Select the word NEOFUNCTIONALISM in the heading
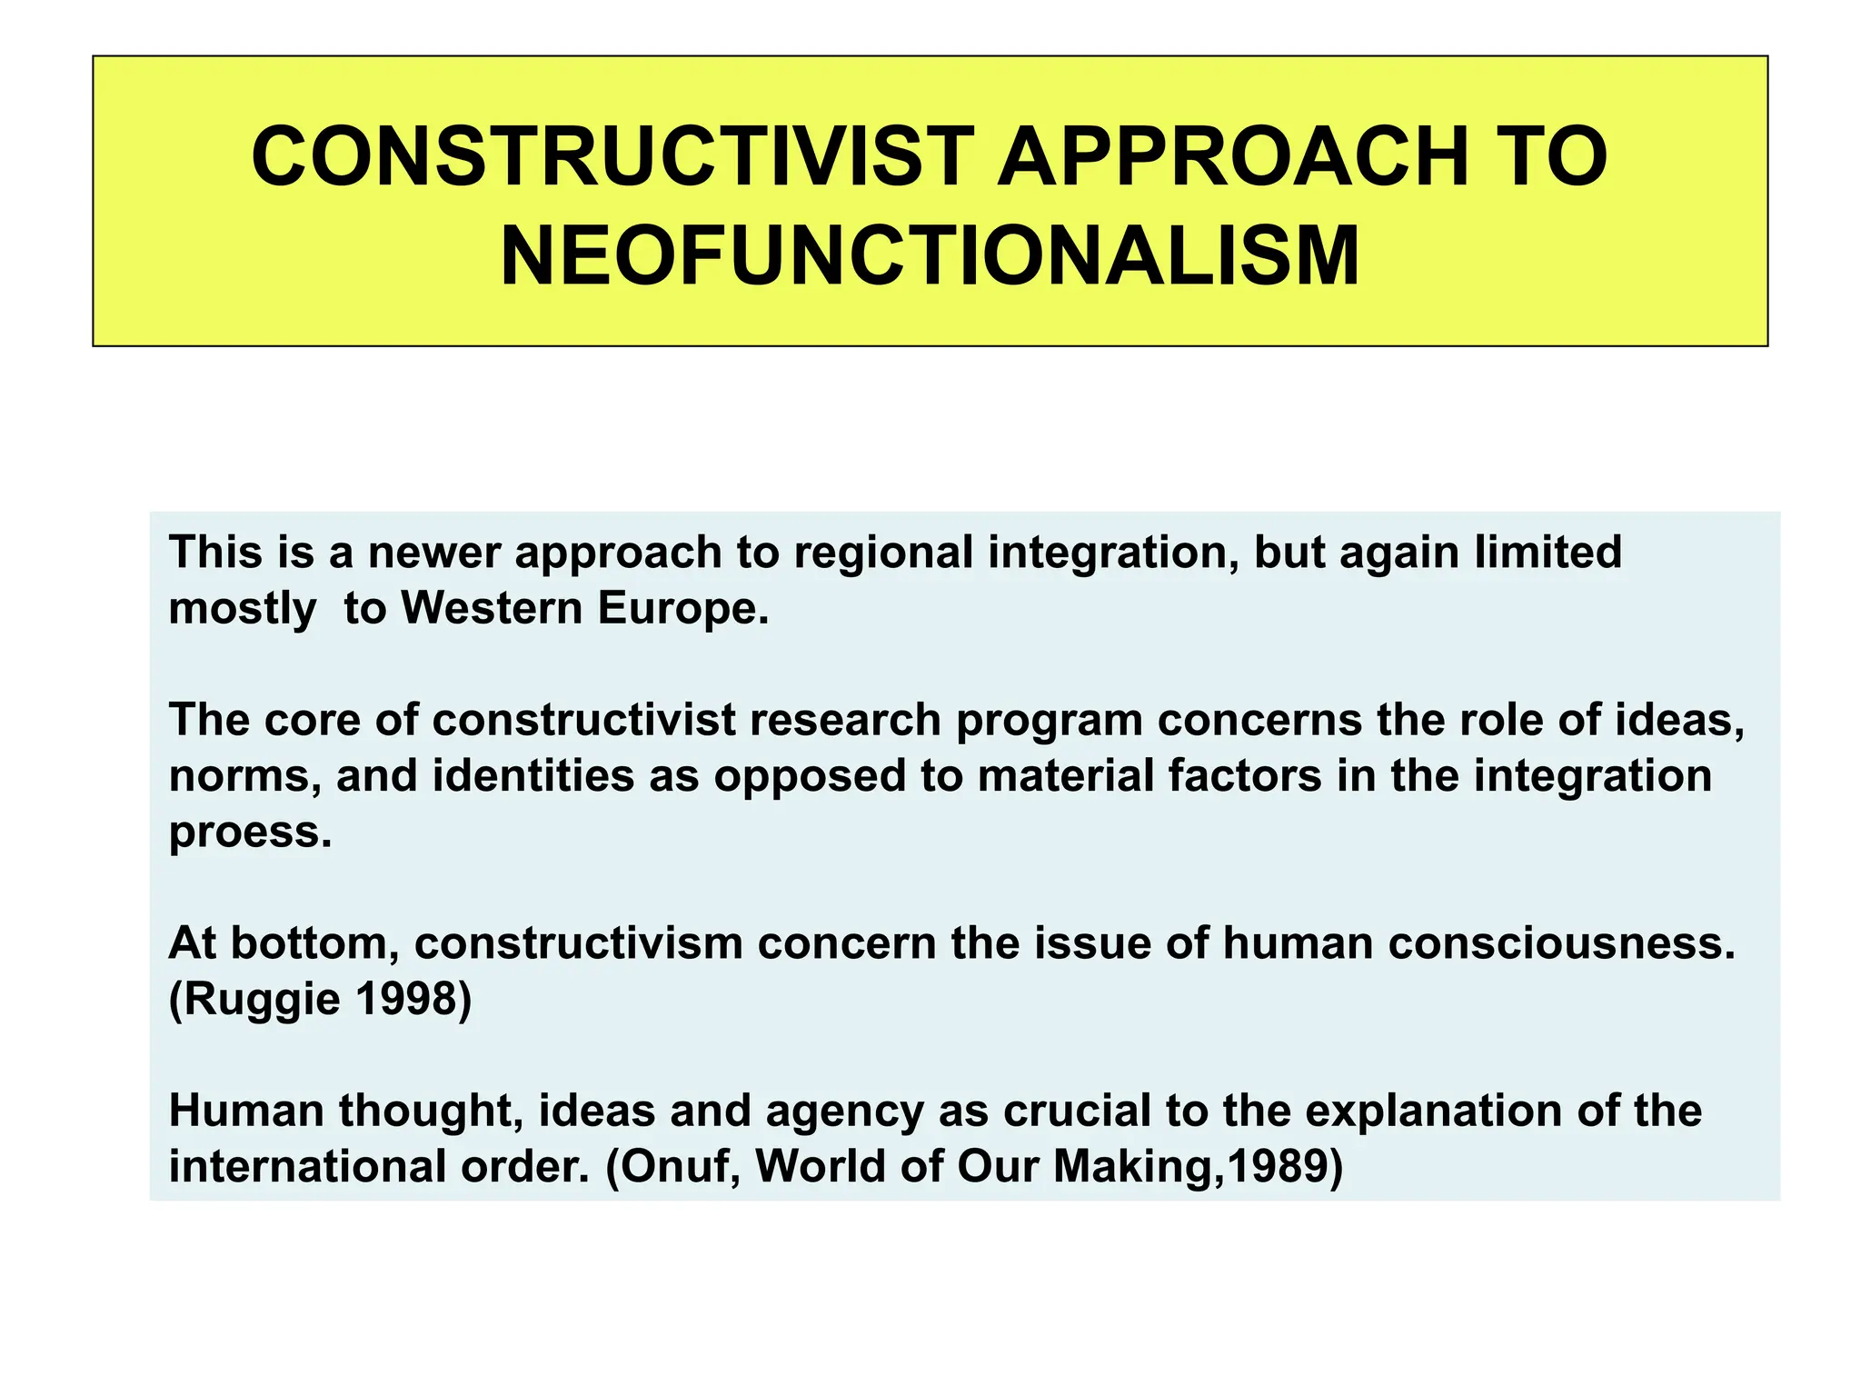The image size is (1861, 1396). (930, 256)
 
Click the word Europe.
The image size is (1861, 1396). (682, 608)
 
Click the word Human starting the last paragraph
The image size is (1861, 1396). (246, 1111)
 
